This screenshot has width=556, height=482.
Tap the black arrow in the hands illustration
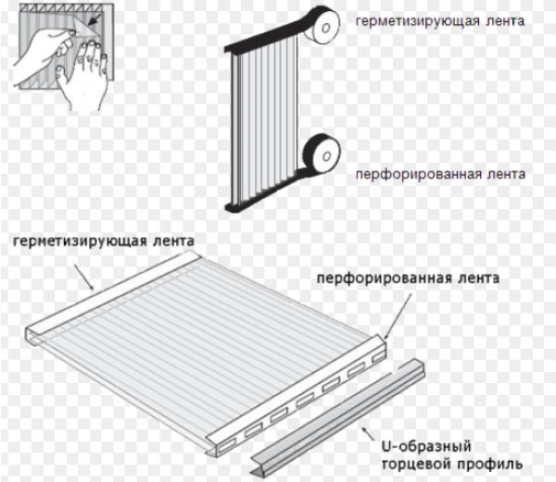click(93, 20)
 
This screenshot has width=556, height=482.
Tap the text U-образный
click(426, 446)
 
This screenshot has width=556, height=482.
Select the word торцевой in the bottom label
click(412, 463)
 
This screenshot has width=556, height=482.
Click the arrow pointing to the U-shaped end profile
click(369, 434)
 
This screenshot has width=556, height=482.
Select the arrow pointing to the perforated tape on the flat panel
click(398, 317)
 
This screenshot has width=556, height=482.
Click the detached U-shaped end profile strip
click(338, 417)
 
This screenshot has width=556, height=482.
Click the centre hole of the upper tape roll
click(326, 28)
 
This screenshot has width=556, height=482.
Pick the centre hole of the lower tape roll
click(326, 156)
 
